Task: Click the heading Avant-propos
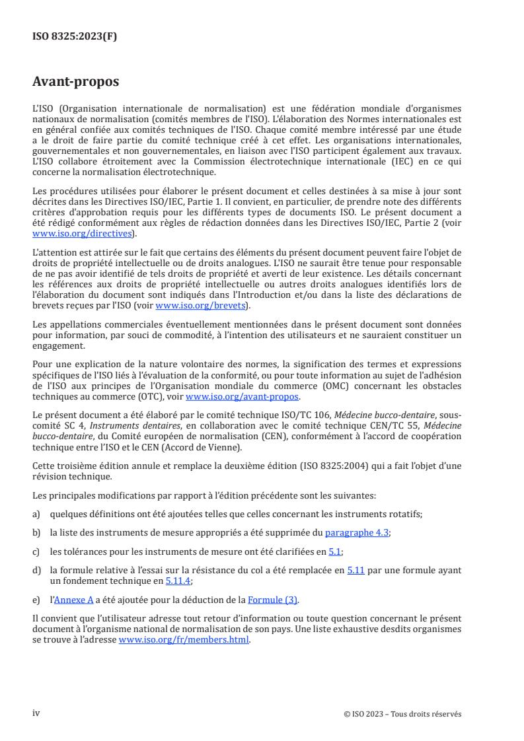(x=75, y=82)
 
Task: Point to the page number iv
(x=36, y=713)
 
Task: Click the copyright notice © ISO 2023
(x=402, y=714)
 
